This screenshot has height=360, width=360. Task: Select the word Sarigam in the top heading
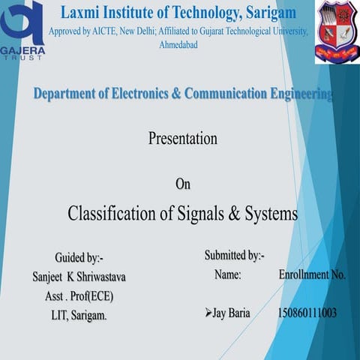click(x=270, y=13)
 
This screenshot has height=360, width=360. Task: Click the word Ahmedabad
click(x=180, y=45)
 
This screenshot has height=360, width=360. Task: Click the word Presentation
click(x=182, y=139)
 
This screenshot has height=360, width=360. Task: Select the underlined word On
click(x=183, y=184)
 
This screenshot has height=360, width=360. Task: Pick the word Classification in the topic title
click(x=113, y=214)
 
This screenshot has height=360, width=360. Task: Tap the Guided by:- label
click(x=79, y=259)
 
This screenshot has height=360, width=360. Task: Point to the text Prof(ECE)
click(x=88, y=296)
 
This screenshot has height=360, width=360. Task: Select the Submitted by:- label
click(x=234, y=256)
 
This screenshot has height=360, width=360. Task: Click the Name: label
click(x=227, y=275)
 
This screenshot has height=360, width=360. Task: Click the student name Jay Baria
click(x=231, y=313)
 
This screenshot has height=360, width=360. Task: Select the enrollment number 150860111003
click(x=307, y=313)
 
